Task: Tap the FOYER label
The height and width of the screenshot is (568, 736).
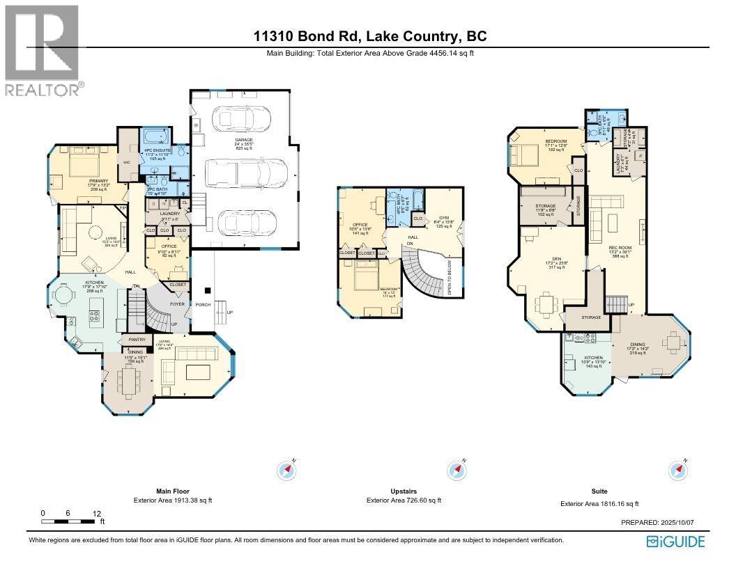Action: tap(178, 303)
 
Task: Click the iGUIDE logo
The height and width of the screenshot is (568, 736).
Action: tap(675, 541)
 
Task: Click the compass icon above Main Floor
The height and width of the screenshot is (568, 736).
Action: tap(286, 470)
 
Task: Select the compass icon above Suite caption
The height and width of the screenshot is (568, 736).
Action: tap(677, 470)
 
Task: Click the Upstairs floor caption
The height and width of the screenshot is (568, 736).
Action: tap(404, 491)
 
